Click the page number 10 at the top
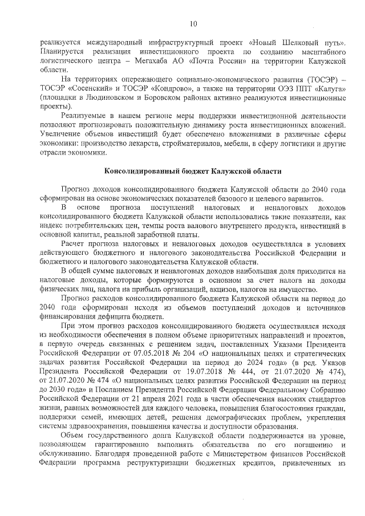point(193,23)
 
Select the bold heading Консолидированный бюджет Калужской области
point(193,171)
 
